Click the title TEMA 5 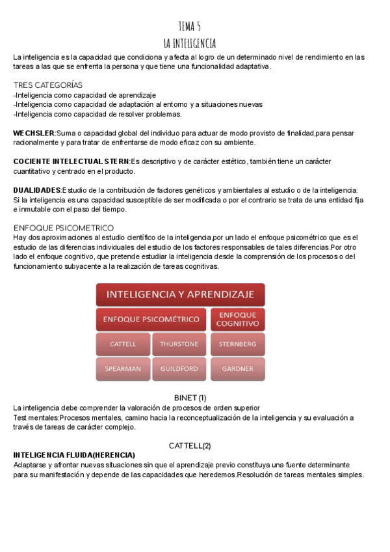tap(189, 26)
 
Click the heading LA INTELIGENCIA tap(189, 43)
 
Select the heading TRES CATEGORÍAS tap(48, 85)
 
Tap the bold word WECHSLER tap(34, 133)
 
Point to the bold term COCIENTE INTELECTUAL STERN tap(71, 161)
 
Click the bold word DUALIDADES tap(37, 189)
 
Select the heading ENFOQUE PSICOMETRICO tap(64, 228)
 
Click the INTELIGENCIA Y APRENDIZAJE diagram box tap(180, 294)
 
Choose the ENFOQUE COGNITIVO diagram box tap(237, 320)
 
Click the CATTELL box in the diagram tap(123, 344)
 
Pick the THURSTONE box tap(179, 344)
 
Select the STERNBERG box tap(237, 344)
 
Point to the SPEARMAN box tap(123, 368)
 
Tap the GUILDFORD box tap(179, 368)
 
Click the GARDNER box tap(237, 368)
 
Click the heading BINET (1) tap(190, 397)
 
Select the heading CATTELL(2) tap(190, 446)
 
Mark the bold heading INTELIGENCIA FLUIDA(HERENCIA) tap(74, 455)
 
